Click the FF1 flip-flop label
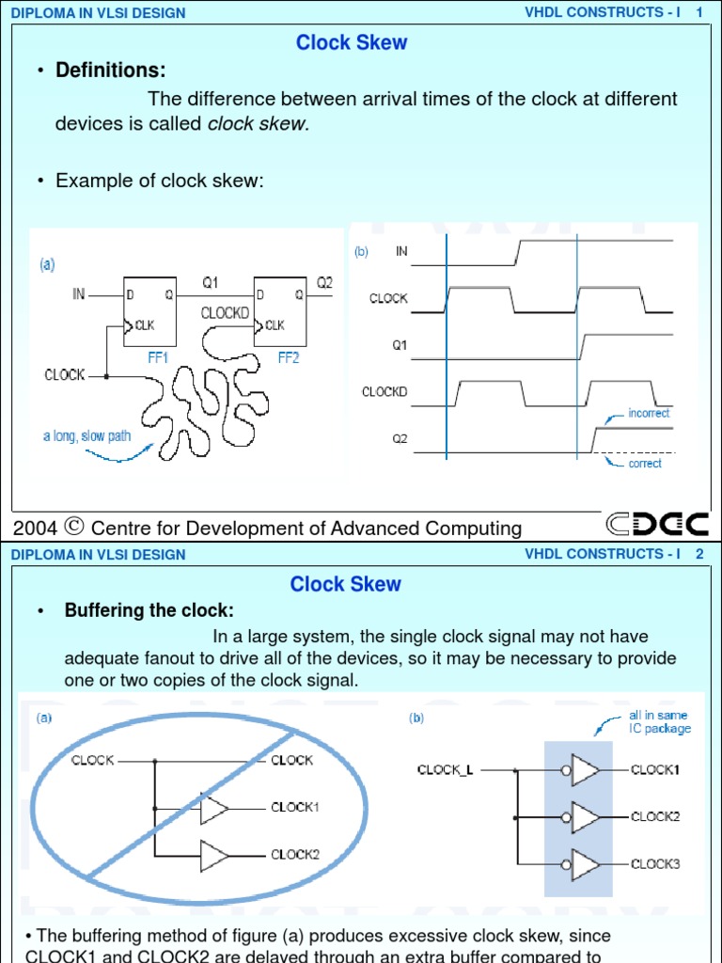pyautogui.click(x=157, y=358)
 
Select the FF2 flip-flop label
pyautogui.click(x=289, y=358)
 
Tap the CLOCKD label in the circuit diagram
pyautogui.click(x=225, y=313)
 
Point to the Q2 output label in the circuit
pyautogui.click(x=323, y=281)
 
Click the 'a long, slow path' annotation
pyautogui.click(x=87, y=436)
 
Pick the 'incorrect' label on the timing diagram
pyautogui.click(x=649, y=413)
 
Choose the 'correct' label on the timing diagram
pyautogui.click(x=645, y=464)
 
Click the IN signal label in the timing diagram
pyautogui.click(x=401, y=251)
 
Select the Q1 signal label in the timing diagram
pyautogui.click(x=400, y=345)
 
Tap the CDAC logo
pyautogui.click(x=657, y=525)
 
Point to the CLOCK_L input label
pyautogui.click(x=446, y=770)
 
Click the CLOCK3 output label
pyautogui.click(x=655, y=863)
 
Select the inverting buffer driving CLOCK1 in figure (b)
pyautogui.click(x=584, y=770)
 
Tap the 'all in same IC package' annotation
pyautogui.click(x=659, y=722)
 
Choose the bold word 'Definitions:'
pyautogui.click(x=111, y=71)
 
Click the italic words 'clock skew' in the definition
pyautogui.click(x=257, y=124)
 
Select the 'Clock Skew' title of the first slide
pyautogui.click(x=352, y=42)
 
